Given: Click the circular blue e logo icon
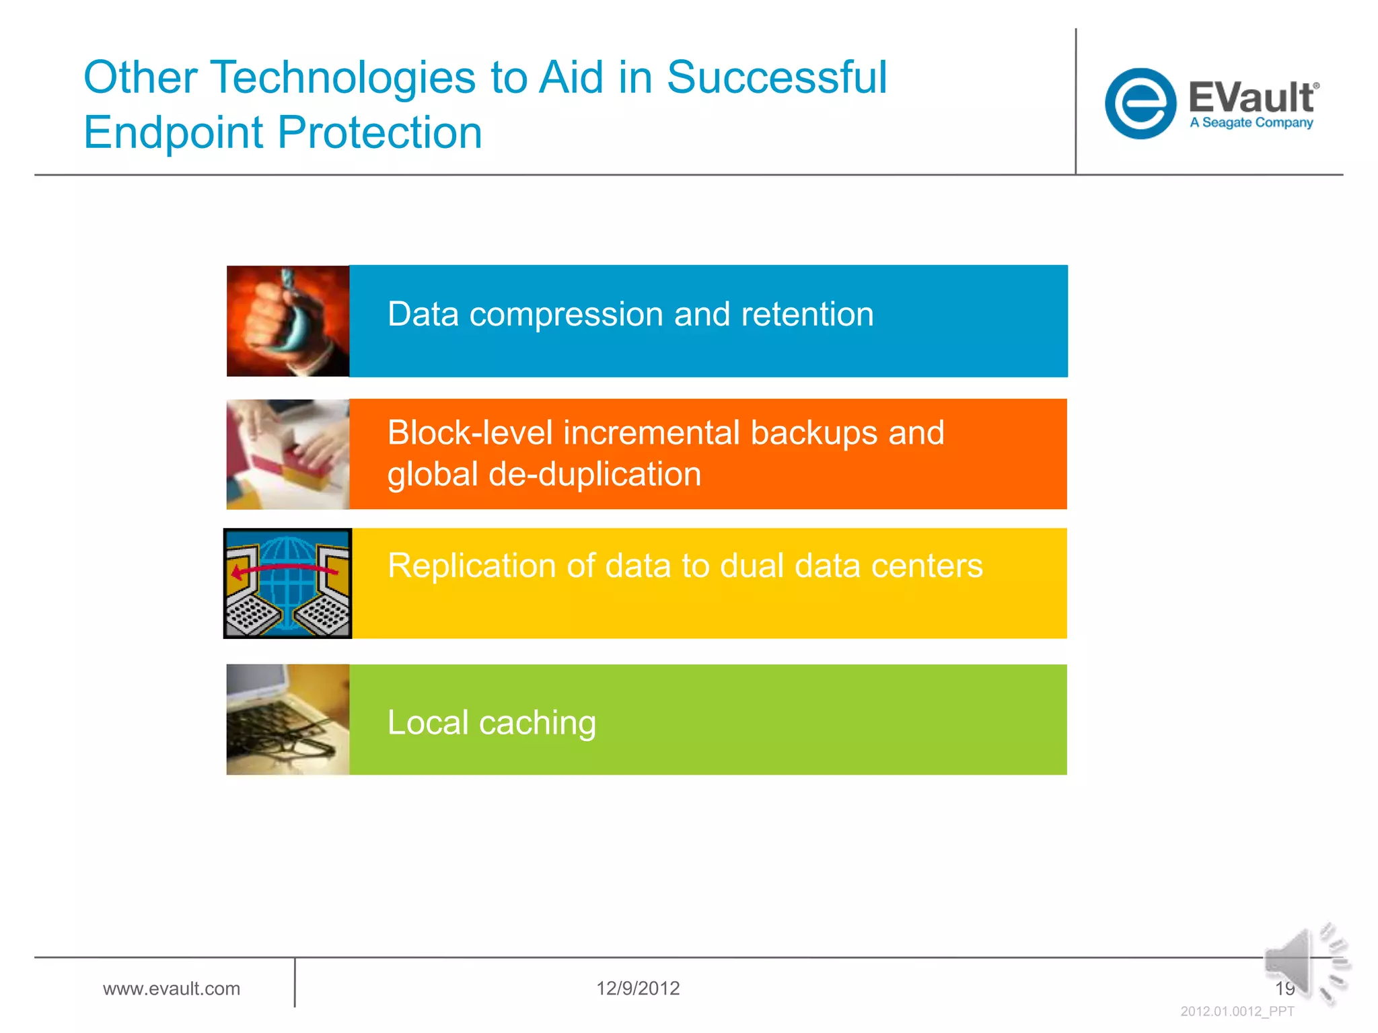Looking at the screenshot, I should tap(1140, 104).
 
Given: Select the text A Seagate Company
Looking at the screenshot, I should tap(1251, 123).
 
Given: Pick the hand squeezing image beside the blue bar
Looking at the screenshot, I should tap(288, 321).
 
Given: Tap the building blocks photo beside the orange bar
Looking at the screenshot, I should tap(288, 455).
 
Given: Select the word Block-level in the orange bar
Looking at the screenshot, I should tap(470, 432).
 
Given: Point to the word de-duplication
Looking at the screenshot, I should tap(595, 474).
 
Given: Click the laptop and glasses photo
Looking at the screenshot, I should tap(288, 720).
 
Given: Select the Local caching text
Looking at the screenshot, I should tap(492, 723).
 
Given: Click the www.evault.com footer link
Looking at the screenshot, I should tap(172, 989).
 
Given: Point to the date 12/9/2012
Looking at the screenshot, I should tap(638, 989).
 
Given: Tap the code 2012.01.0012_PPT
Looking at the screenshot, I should tap(1237, 1011).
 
